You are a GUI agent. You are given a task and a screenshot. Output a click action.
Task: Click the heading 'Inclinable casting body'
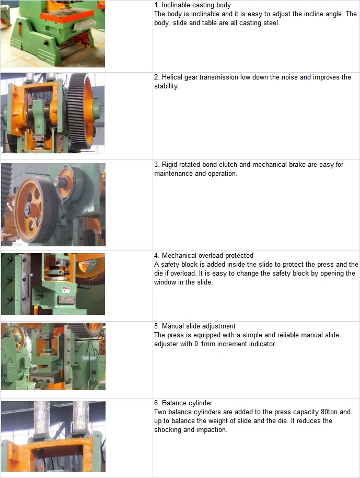(196, 5)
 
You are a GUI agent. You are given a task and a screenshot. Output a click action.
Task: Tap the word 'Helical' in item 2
(172, 77)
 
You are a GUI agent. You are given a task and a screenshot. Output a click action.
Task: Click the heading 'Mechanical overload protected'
(207, 255)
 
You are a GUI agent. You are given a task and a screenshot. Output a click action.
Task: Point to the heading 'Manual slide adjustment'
(199, 326)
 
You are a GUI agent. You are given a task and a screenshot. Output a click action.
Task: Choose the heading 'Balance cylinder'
(187, 403)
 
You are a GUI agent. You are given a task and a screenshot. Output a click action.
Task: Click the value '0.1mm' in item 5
(205, 344)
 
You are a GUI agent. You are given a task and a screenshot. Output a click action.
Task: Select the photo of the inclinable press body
(53, 33)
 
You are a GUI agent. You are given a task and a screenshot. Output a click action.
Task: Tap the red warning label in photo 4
(66, 288)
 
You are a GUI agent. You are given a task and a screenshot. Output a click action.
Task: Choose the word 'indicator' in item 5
(262, 344)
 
